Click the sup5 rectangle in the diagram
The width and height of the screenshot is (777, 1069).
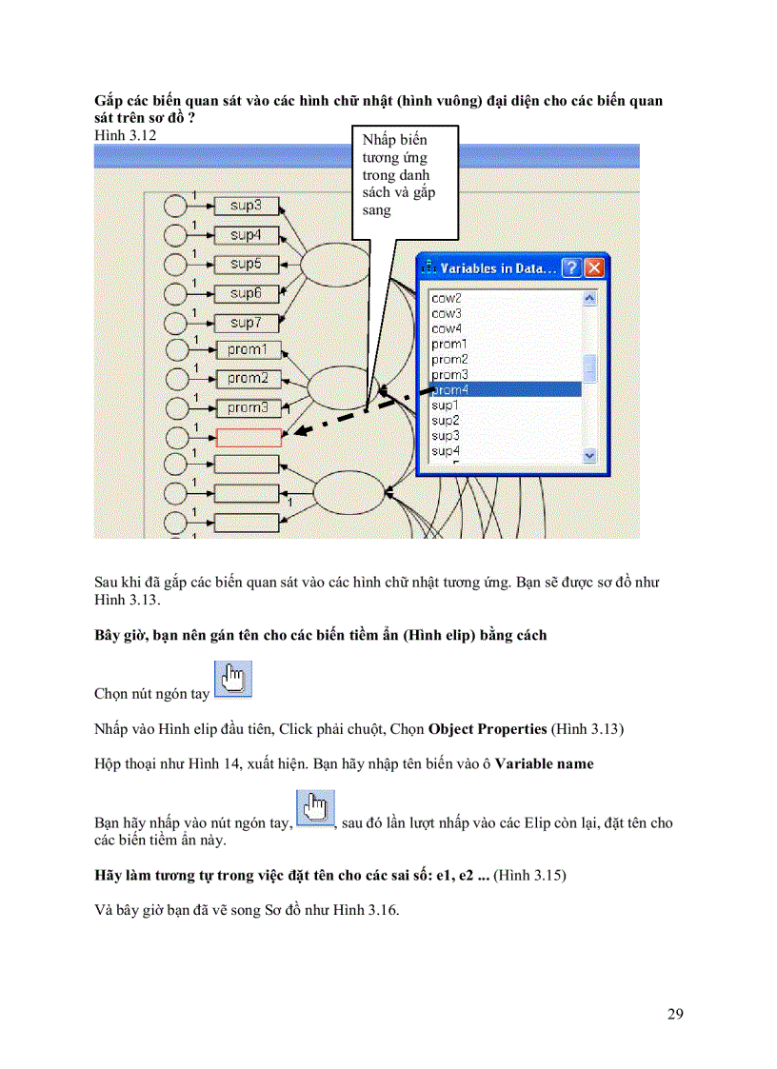[x=246, y=264]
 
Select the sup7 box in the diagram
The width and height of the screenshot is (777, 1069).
[x=246, y=324]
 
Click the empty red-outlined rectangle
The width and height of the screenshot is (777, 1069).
[x=249, y=437]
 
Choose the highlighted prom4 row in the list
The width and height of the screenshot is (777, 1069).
[x=505, y=389]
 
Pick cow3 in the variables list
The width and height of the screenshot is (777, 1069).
[x=447, y=313]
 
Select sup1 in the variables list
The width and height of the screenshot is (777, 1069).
[x=446, y=406]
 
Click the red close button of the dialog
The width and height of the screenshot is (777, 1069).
[x=594, y=268]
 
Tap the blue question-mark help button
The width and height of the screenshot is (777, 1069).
[x=570, y=268]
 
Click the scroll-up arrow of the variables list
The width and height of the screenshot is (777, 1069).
[x=589, y=299]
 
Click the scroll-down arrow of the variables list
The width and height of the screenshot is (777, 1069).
[x=589, y=455]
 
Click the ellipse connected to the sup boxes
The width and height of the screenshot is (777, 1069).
[x=330, y=264]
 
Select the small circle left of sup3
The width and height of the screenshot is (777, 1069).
[x=176, y=206]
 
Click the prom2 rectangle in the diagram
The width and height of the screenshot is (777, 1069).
[x=248, y=378]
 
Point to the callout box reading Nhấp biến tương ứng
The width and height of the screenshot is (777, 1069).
[x=405, y=181]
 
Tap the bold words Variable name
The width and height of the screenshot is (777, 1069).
[x=544, y=763]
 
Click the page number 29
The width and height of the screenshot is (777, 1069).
[x=674, y=1014]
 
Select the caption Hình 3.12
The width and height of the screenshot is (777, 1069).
[x=126, y=135]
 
